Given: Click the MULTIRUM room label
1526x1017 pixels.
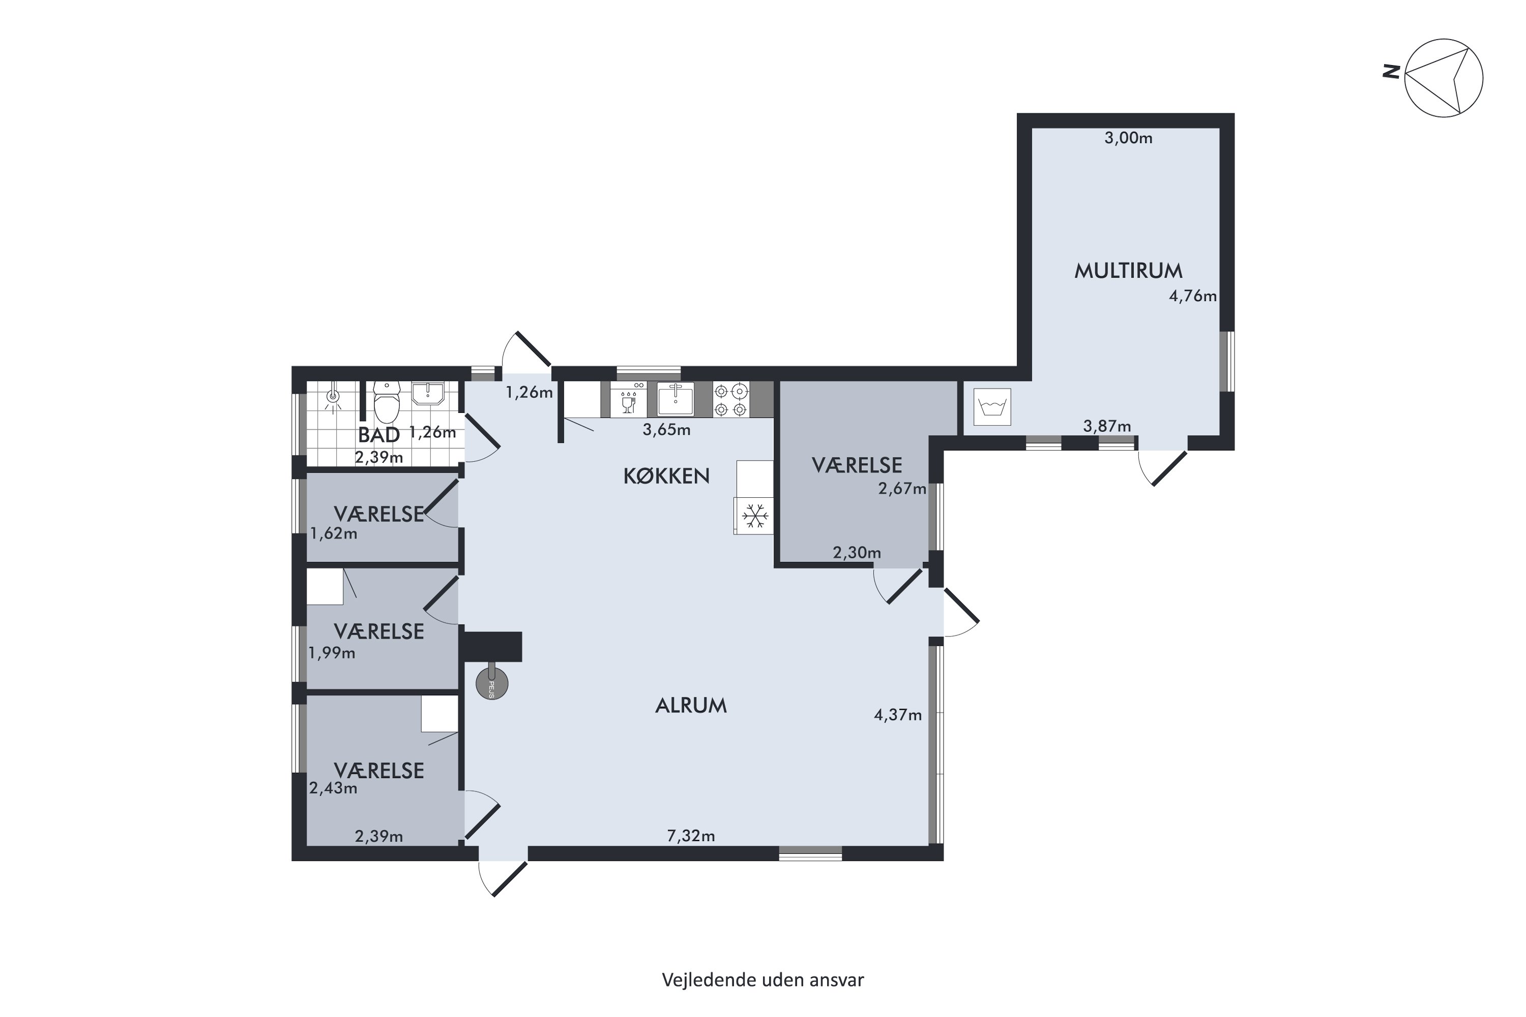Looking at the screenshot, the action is (x=1128, y=271).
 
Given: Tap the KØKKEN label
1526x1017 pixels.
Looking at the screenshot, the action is (x=666, y=476).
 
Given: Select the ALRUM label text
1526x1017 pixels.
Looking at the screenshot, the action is (x=691, y=706).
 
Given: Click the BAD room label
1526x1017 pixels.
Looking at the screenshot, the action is (x=379, y=435).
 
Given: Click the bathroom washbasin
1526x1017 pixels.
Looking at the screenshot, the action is (x=428, y=393).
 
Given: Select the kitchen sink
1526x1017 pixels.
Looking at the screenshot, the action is (x=675, y=398).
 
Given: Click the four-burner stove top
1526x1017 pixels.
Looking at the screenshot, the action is (x=731, y=399).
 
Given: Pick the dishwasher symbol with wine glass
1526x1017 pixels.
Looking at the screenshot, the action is (x=628, y=399).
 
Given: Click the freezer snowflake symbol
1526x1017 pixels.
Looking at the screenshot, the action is (x=754, y=516).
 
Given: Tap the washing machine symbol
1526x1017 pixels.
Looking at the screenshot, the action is (x=992, y=407).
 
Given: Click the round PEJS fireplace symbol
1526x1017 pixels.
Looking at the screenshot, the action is (x=491, y=683).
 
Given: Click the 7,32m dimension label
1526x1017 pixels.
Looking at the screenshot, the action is (x=691, y=836).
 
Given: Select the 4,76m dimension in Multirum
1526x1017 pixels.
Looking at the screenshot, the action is (x=1192, y=296).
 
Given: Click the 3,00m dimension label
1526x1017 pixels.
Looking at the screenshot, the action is (x=1128, y=138).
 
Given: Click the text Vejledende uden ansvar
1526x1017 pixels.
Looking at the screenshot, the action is (x=763, y=979).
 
